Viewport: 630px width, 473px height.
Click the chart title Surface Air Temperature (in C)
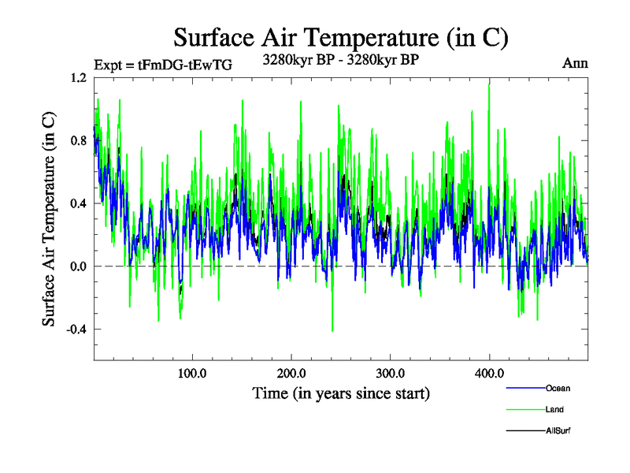click(x=341, y=37)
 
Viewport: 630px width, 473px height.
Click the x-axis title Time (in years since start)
click(x=341, y=393)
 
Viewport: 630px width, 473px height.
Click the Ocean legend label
click(x=558, y=388)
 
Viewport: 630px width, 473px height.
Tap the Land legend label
click(x=554, y=409)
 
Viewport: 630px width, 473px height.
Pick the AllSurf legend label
click(x=558, y=430)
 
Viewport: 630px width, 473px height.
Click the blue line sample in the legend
click(x=524, y=388)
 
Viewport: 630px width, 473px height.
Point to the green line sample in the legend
click(x=524, y=409)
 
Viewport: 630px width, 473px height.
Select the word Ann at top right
click(x=575, y=62)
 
